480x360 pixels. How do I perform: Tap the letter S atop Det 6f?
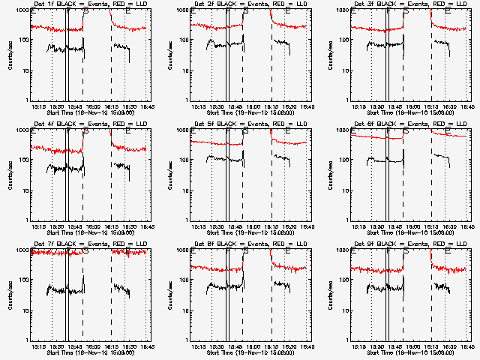406,131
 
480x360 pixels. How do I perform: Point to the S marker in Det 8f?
245,251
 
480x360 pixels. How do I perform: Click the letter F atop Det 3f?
388,11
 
